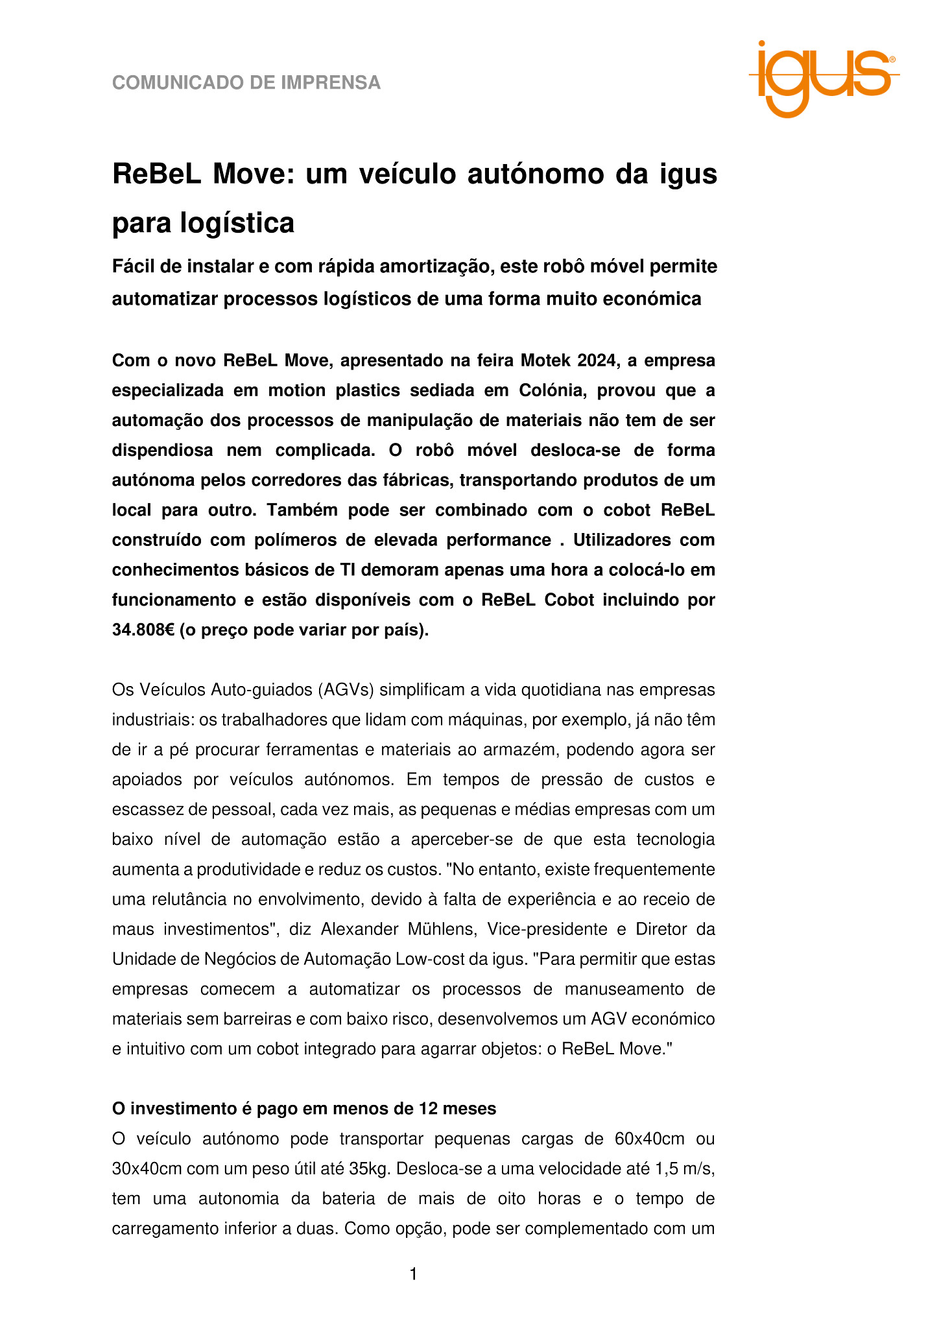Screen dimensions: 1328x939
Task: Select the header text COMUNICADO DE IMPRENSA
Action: coord(246,83)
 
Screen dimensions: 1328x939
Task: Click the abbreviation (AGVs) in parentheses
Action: coord(347,689)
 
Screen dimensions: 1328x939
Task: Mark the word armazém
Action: coord(517,750)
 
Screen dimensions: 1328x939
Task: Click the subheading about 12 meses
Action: coord(304,1109)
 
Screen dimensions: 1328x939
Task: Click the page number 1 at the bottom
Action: coord(413,1275)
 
